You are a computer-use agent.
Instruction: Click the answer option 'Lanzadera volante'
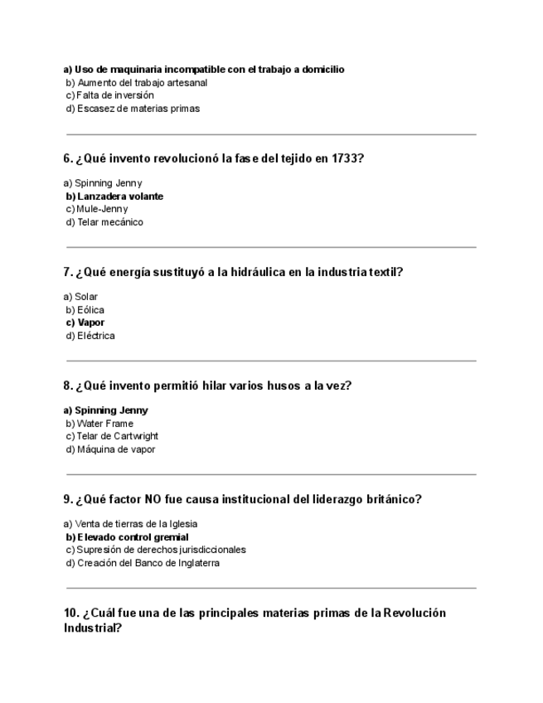(x=119, y=196)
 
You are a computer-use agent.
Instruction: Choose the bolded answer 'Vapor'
(x=90, y=322)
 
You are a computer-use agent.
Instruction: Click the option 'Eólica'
(x=90, y=310)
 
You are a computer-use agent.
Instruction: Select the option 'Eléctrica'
(x=95, y=336)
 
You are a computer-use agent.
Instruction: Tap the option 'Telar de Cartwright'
(x=117, y=436)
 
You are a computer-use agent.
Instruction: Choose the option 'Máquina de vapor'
(x=115, y=449)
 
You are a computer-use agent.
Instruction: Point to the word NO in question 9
(x=153, y=499)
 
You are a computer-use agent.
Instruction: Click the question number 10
(x=71, y=613)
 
